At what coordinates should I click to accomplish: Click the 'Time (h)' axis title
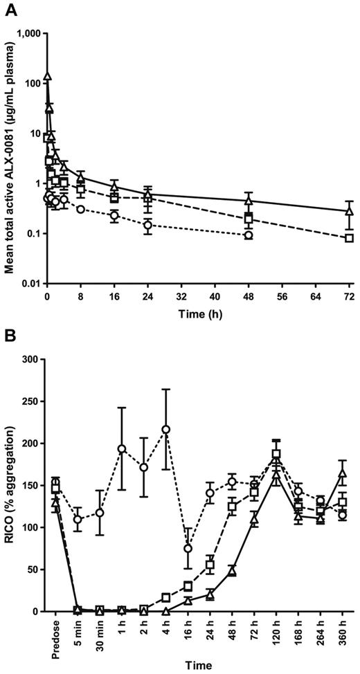(x=197, y=313)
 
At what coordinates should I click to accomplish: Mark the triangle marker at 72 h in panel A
(x=350, y=210)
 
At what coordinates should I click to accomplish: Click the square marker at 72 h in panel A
(x=350, y=238)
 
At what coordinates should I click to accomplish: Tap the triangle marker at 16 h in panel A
(x=114, y=187)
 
